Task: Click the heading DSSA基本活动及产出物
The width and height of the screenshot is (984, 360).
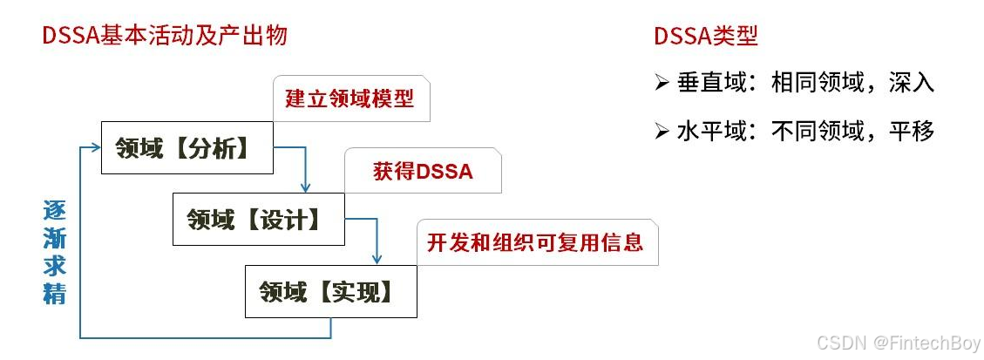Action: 165,36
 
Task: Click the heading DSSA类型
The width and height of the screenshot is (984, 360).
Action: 705,36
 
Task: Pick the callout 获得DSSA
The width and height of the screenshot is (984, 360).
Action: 423,171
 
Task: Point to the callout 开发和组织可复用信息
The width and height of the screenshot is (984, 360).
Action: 535,241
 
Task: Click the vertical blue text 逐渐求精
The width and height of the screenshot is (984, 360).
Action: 55,253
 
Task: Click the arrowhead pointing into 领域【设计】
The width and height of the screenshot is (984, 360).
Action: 306,187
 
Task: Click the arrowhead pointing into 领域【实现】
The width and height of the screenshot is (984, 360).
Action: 377,259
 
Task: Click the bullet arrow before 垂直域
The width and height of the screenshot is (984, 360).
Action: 662,84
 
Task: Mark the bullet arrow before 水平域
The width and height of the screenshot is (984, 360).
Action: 662,132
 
